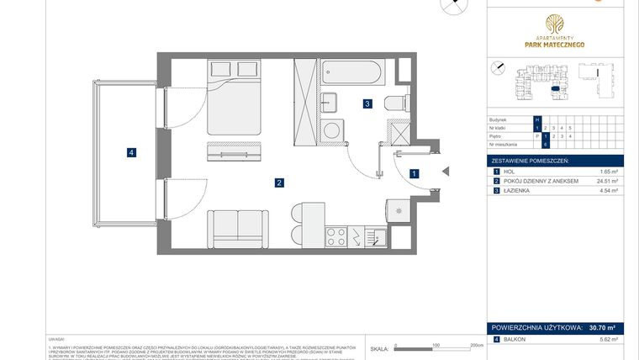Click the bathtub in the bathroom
click(352, 75)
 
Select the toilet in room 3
click(394, 103)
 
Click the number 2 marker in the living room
click(277, 182)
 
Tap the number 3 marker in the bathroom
click(367, 104)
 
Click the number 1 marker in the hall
click(413, 173)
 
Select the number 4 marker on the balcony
click(131, 152)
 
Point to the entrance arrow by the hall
click(446, 173)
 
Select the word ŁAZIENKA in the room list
click(518, 191)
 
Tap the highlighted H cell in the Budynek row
click(536, 119)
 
